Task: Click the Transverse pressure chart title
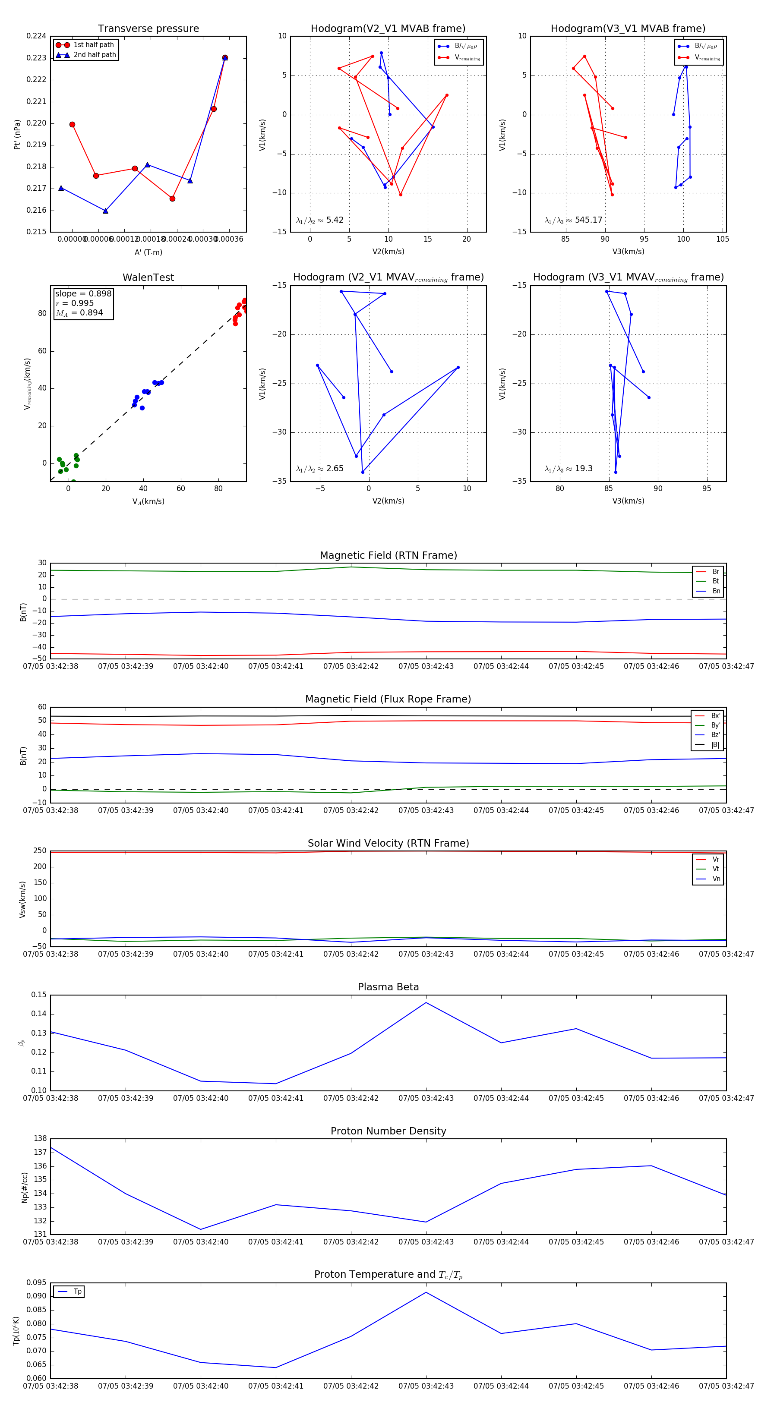click(x=148, y=29)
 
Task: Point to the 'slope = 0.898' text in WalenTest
click(x=83, y=293)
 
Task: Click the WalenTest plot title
click(x=148, y=277)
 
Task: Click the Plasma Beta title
click(x=388, y=987)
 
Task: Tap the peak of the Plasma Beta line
click(x=426, y=1003)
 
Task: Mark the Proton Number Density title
click(x=388, y=1131)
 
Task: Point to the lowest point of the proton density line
click(x=201, y=1229)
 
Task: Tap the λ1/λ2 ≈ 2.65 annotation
click(x=319, y=469)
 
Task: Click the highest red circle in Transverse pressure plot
click(x=224, y=57)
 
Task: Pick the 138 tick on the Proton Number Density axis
click(x=40, y=1139)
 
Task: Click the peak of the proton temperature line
click(x=426, y=1292)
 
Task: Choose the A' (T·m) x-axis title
click(x=148, y=252)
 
